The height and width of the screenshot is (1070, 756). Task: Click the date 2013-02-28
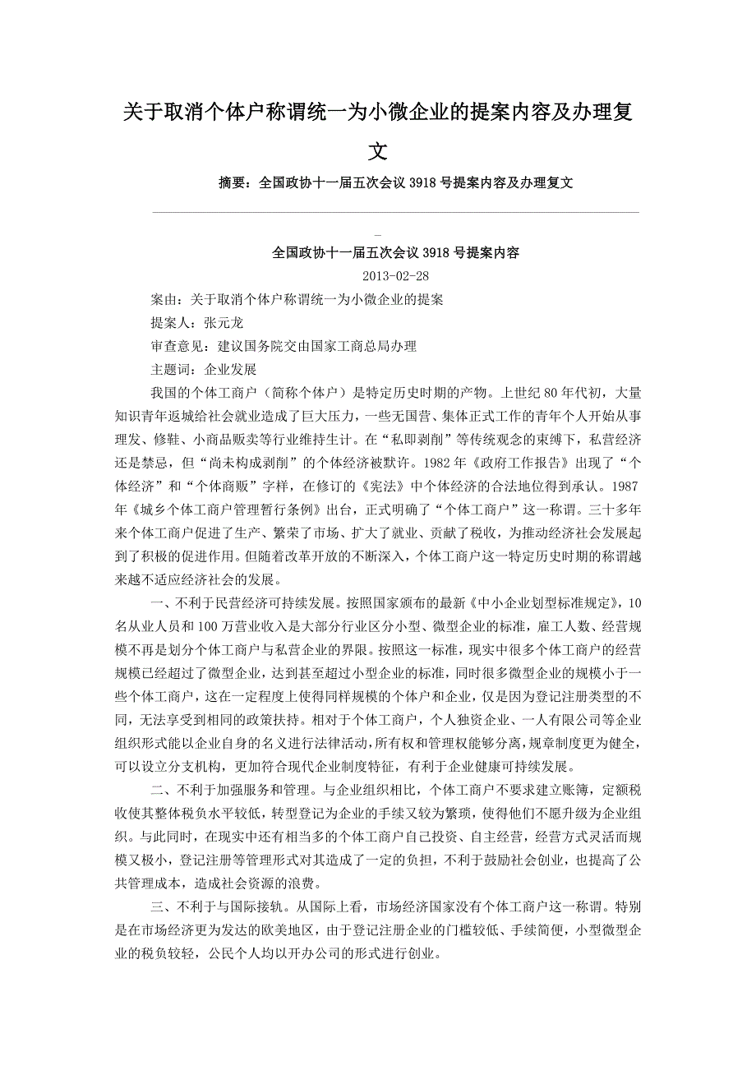coord(395,277)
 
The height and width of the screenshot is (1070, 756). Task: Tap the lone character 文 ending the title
coord(378,151)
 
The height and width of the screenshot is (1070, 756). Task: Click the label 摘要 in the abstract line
coord(231,183)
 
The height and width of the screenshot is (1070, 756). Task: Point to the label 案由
coord(164,300)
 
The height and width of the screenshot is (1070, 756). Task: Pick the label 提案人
coord(171,323)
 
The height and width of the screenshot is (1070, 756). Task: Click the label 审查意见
coord(177,347)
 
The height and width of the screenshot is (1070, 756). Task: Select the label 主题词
coord(171,370)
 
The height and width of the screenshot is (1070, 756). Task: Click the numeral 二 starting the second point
coord(158,791)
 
